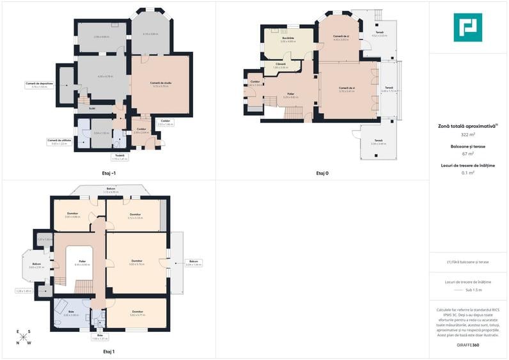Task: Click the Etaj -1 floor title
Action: pyautogui.click(x=109, y=173)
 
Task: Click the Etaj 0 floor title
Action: pyautogui.click(x=322, y=173)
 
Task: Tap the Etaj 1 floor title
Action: pyautogui.click(x=109, y=351)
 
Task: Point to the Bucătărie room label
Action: pyautogui.click(x=288, y=38)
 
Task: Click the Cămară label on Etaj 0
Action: pyautogui.click(x=281, y=64)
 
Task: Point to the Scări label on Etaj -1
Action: pyautogui.click(x=92, y=107)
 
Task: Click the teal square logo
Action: pyautogui.click(x=467, y=27)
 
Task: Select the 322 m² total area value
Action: pyautogui.click(x=467, y=135)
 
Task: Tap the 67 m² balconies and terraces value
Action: pyautogui.click(x=467, y=153)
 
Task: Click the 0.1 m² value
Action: pyautogui.click(x=467, y=172)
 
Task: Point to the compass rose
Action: pyautogui.click(x=24, y=337)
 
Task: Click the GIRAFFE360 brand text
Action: pyautogui.click(x=467, y=345)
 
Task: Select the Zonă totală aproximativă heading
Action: pyautogui.click(x=466, y=127)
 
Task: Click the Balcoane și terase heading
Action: pyautogui.click(x=467, y=146)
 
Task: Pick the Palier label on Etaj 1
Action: pyautogui.click(x=82, y=261)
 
